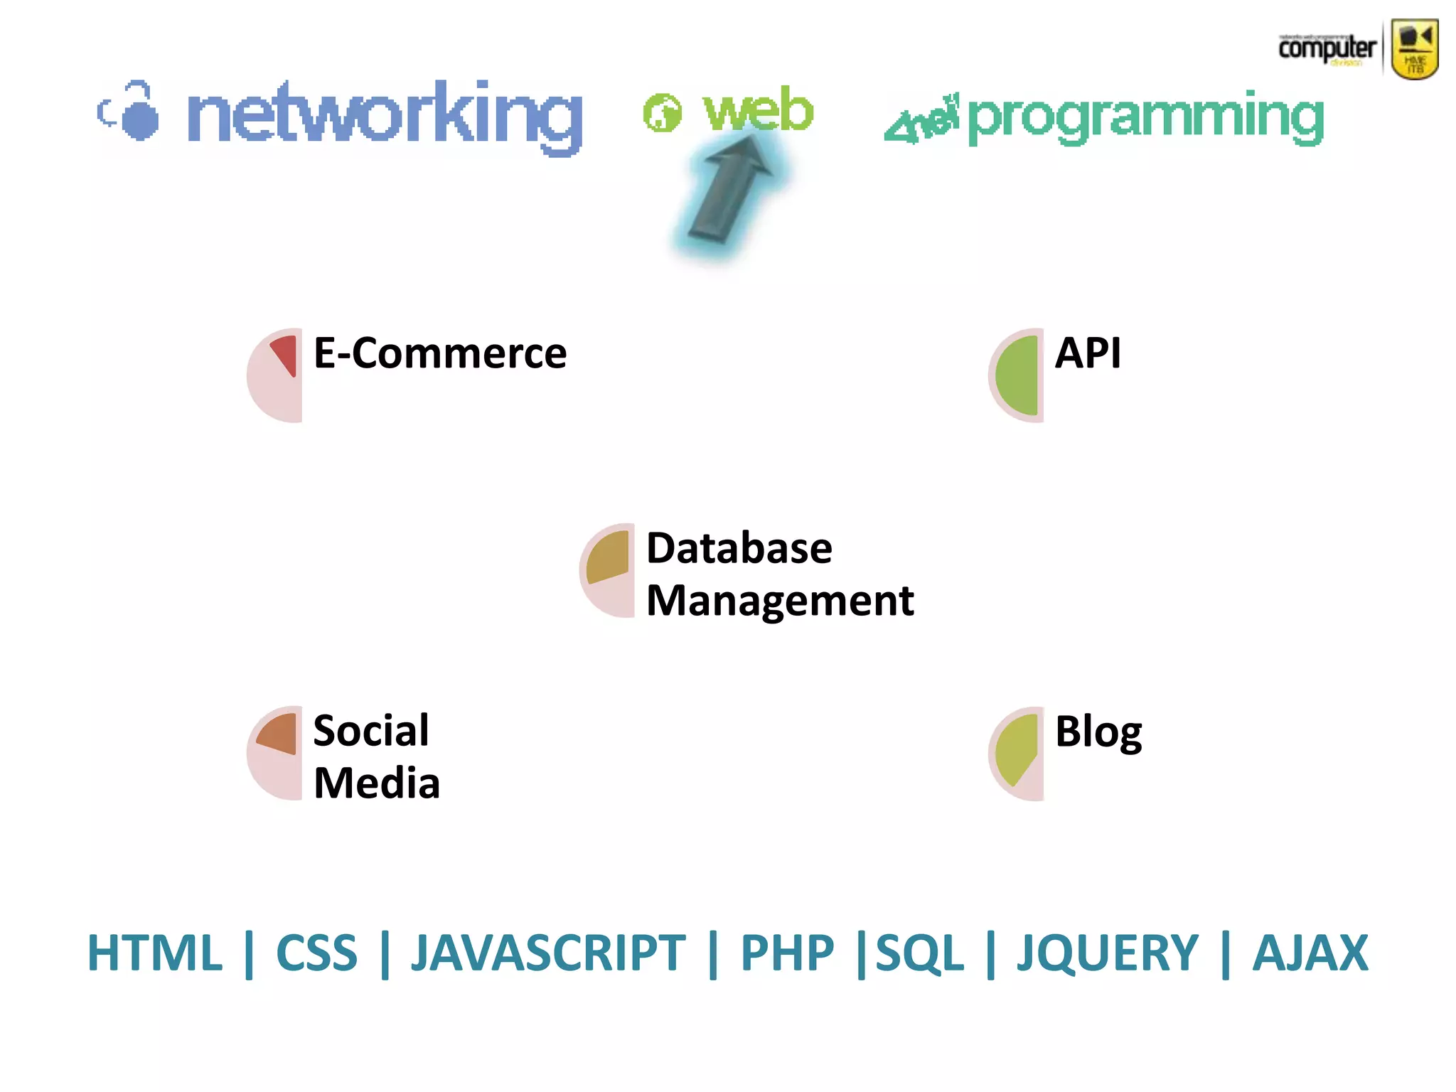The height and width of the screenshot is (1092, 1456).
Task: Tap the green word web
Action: pos(758,110)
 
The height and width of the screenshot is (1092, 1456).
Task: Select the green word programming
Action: pos(1145,117)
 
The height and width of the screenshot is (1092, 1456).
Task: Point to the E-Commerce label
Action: pos(440,353)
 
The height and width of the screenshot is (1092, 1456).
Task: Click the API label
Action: pos(1088,353)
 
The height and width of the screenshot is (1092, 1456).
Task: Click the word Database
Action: pos(739,548)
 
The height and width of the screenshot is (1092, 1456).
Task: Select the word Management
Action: pos(780,601)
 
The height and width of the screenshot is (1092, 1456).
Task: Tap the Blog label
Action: pos(1098,732)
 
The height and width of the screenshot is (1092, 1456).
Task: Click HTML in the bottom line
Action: pos(155,953)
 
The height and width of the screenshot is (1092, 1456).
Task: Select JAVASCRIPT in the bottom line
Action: pos(548,953)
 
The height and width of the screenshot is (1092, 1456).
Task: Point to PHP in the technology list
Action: pos(787,953)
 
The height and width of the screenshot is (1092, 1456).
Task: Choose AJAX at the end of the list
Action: pos(1310,953)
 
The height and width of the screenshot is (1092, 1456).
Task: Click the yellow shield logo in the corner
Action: pos(1415,48)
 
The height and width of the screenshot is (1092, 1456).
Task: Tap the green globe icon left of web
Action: pos(662,112)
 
